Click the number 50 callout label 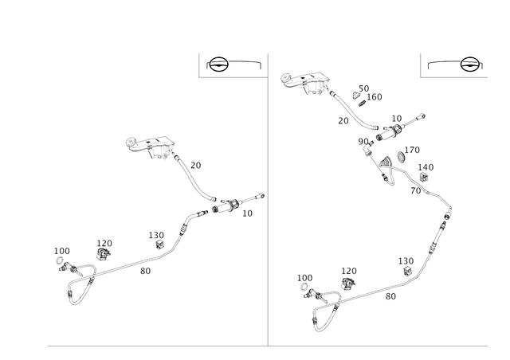[363, 88]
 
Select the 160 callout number [374, 97]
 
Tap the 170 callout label [412, 150]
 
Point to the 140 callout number [426, 167]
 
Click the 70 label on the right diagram [416, 191]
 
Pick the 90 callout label [363, 142]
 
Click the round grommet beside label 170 [402, 157]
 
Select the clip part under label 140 [423, 177]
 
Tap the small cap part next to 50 [355, 96]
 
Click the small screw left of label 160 [363, 104]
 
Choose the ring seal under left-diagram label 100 [60, 260]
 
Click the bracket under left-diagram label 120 [104, 253]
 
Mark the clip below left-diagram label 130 [159, 245]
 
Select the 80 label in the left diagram [145, 271]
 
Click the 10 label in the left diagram [247, 213]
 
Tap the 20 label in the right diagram [343, 120]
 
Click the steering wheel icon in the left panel [218, 64]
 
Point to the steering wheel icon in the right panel [470, 64]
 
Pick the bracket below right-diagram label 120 [348, 284]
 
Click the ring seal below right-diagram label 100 [304, 288]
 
